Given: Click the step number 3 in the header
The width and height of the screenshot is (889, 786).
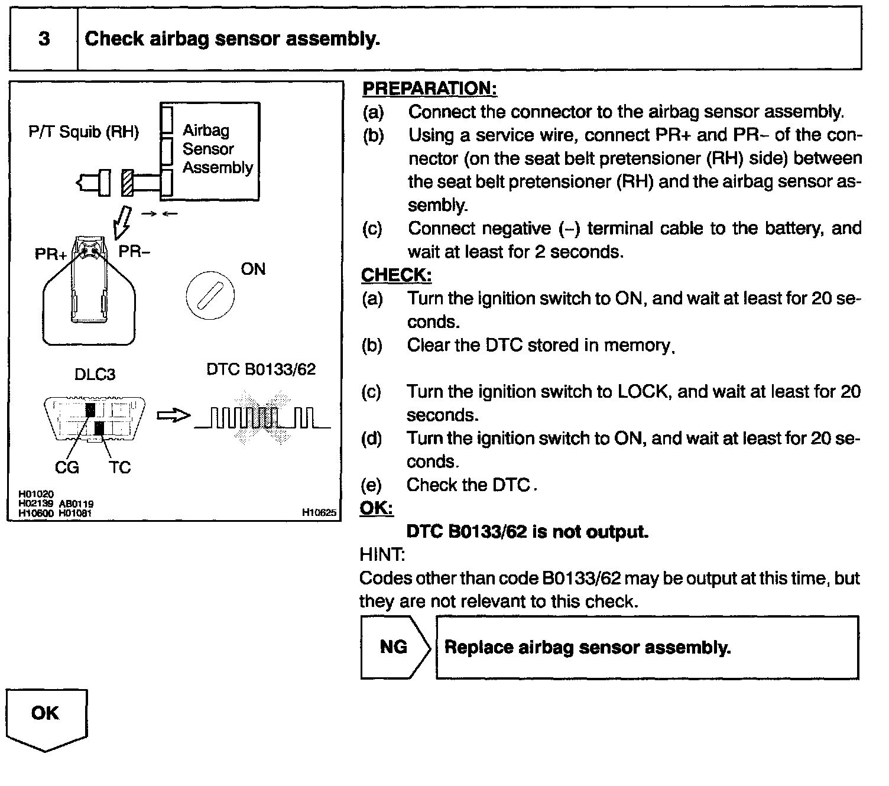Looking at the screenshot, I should coord(44,39).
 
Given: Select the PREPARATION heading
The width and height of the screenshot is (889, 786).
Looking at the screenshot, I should coord(429,89).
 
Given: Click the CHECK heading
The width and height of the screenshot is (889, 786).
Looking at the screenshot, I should coord(396,275).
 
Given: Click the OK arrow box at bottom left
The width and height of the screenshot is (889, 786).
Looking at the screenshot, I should coord(46,715).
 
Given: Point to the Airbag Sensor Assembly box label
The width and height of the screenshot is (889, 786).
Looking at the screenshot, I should coord(217,149).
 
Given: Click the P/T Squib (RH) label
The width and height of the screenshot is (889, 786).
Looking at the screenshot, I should coord(83,132).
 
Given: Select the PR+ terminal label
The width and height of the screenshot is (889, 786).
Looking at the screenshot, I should coord(50,254).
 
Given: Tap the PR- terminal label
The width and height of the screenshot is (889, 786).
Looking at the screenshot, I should coord(134,252).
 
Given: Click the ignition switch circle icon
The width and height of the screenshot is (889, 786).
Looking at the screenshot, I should coord(210,294).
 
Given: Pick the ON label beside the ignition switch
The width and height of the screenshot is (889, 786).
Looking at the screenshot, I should coord(253,269).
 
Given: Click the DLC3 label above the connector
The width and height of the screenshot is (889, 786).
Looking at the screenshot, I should coord(95,374).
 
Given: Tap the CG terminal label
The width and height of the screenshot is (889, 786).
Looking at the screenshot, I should coord(67,467).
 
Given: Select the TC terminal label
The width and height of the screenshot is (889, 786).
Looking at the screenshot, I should coord(119,467).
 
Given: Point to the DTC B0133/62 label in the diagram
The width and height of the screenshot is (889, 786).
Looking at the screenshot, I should coord(261,369).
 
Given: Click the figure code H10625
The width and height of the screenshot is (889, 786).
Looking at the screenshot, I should coord(319,513).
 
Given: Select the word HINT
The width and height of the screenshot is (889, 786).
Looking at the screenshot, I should coord(382,554).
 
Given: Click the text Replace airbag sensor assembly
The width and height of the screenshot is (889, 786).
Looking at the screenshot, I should coord(588,648).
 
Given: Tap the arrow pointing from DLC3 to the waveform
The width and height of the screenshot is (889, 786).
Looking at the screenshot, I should coord(174,416).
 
